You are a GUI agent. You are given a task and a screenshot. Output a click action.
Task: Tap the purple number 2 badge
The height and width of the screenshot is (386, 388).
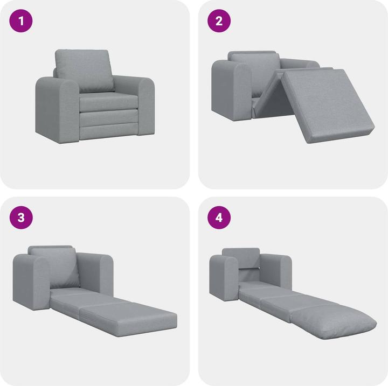[x=219, y=22]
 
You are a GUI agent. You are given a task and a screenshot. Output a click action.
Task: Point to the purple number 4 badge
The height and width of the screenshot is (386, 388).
[x=219, y=218]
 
